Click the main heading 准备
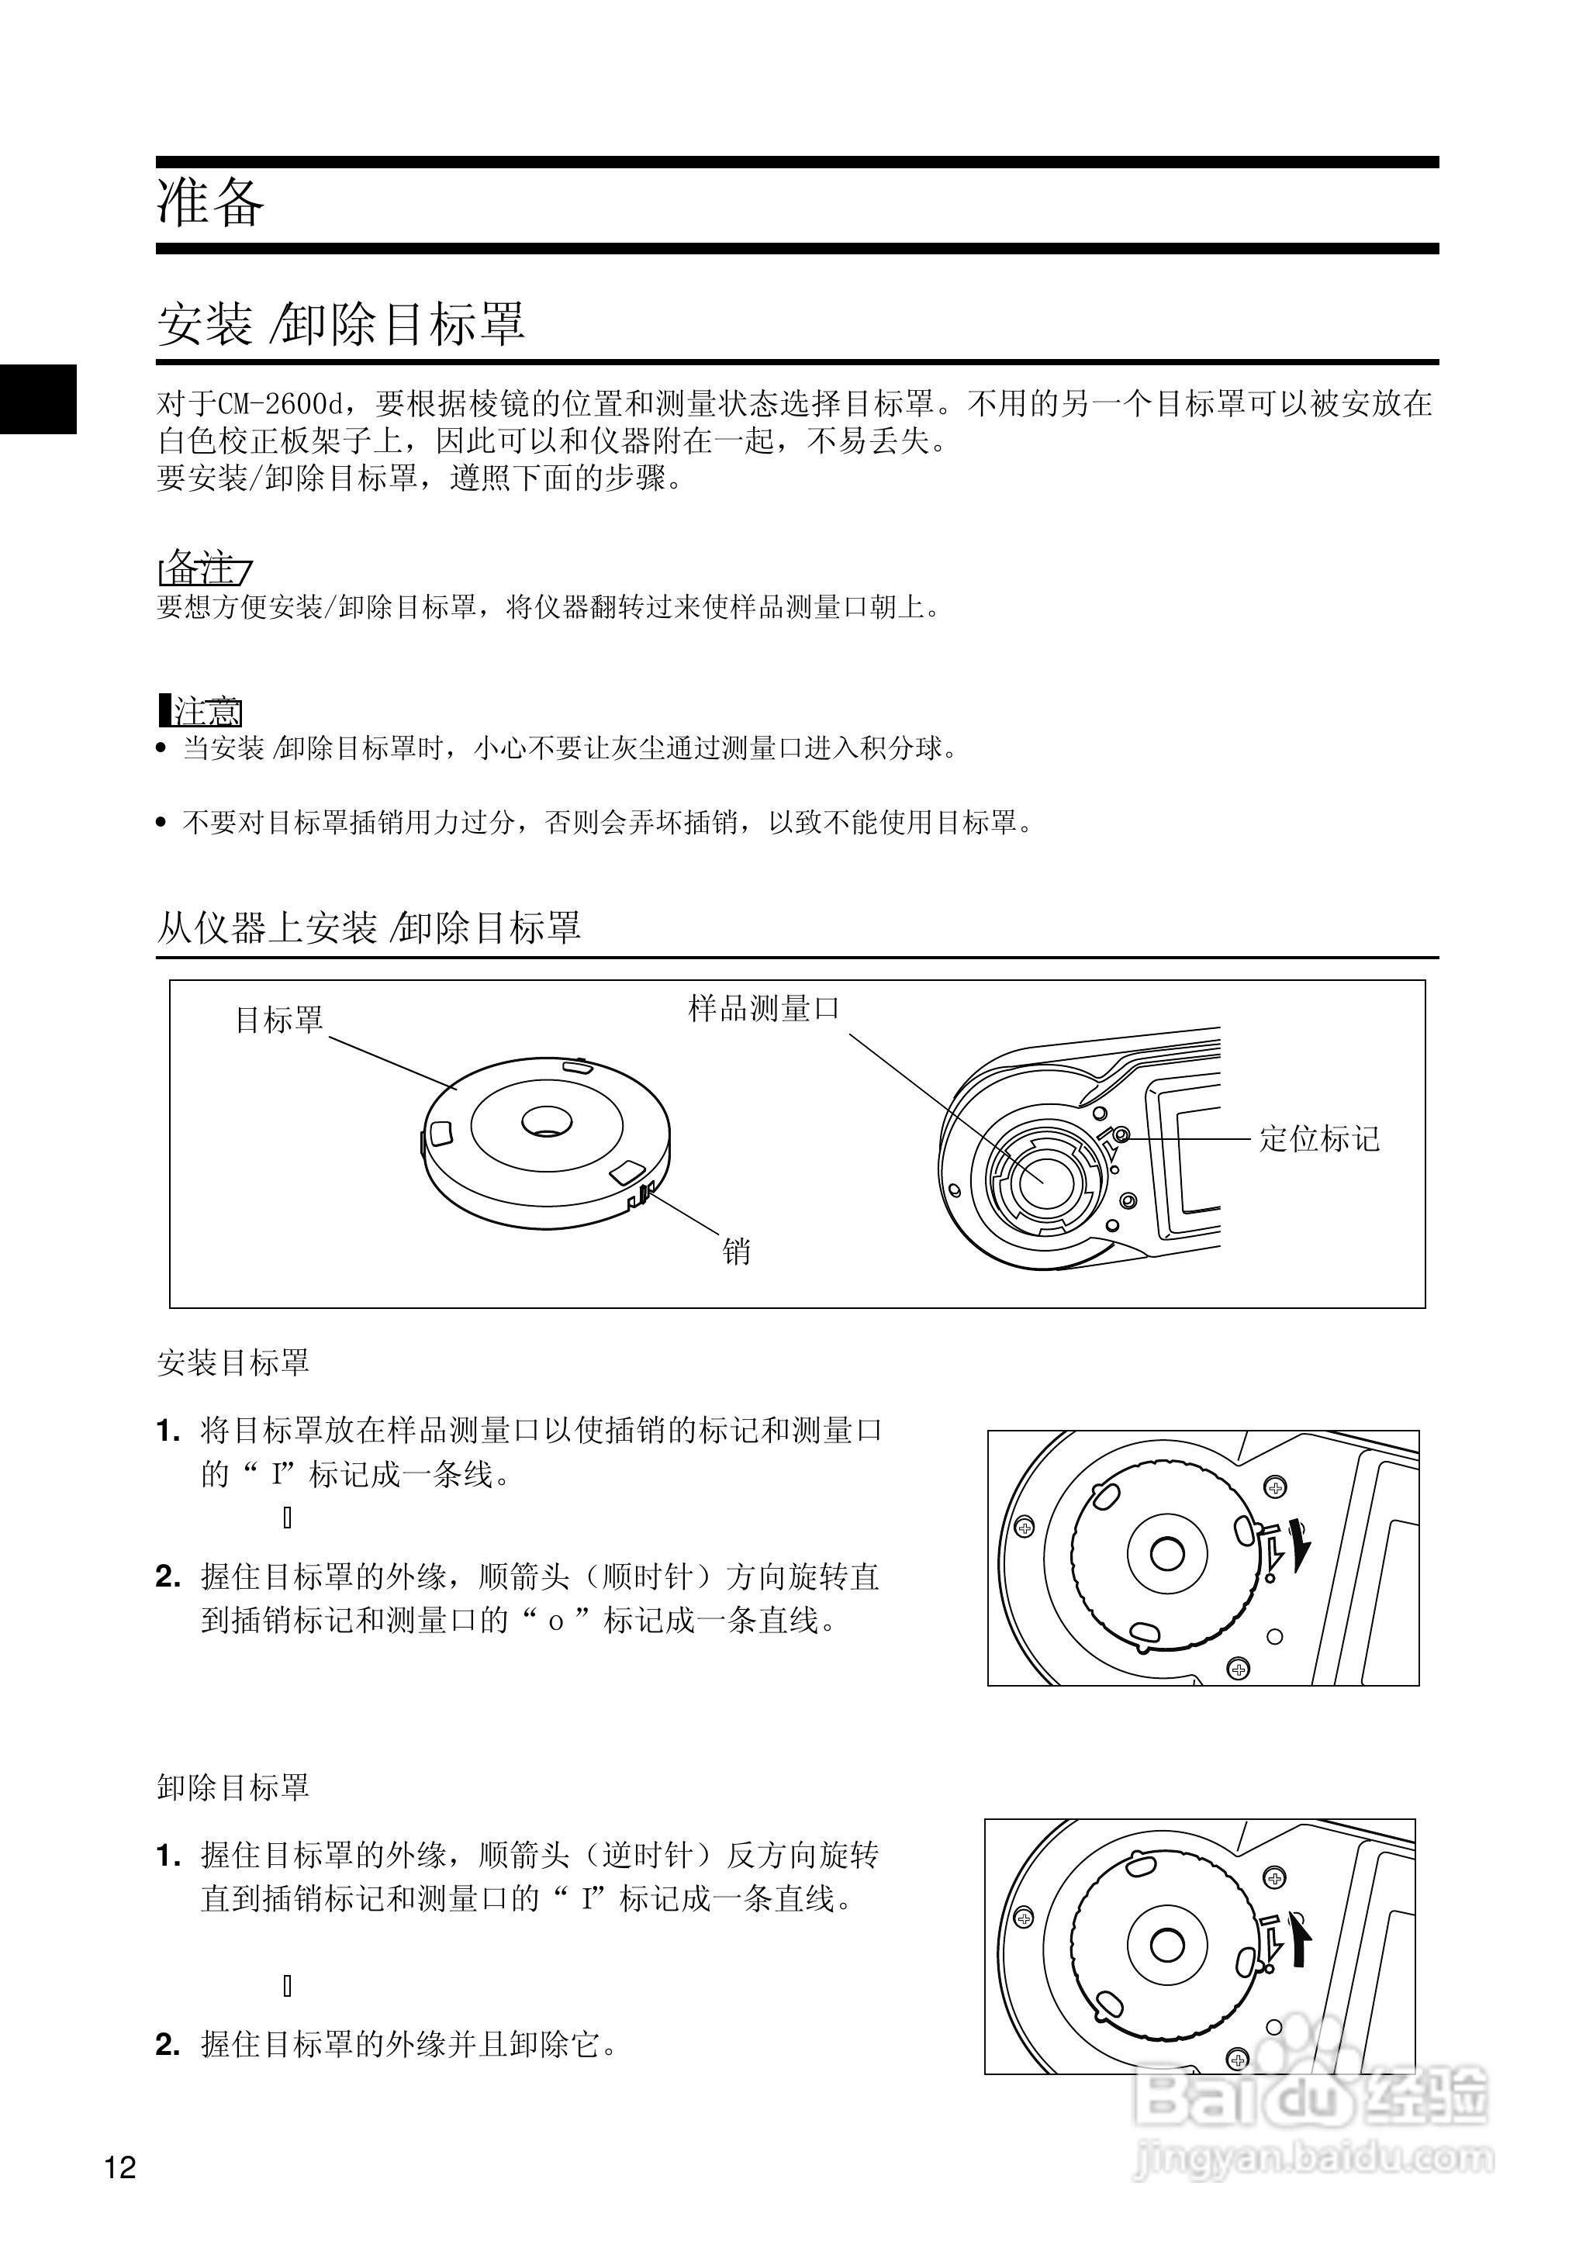(210, 203)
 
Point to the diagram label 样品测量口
(763, 1007)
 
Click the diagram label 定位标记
(1318, 1138)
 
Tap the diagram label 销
(736, 1252)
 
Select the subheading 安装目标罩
(233, 1362)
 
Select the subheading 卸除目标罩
(233, 1787)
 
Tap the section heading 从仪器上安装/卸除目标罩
(369, 927)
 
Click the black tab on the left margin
(37, 399)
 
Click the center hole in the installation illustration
(1166, 1552)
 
